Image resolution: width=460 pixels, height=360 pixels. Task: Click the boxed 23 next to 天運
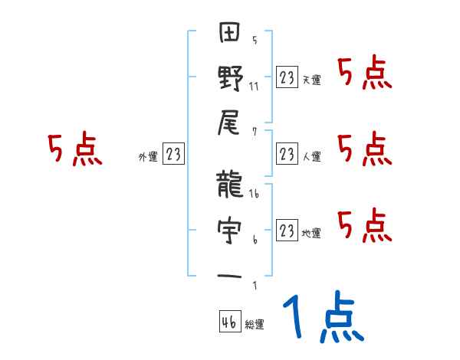click(287, 77)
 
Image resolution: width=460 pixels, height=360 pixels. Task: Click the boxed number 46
click(228, 322)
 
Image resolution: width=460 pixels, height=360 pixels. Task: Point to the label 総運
click(254, 326)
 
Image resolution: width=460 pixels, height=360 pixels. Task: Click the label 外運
click(147, 157)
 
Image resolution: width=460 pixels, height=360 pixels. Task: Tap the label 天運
click(312, 80)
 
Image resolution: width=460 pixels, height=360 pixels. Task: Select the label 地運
click(312, 233)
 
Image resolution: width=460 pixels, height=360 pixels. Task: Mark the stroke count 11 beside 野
click(254, 86)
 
